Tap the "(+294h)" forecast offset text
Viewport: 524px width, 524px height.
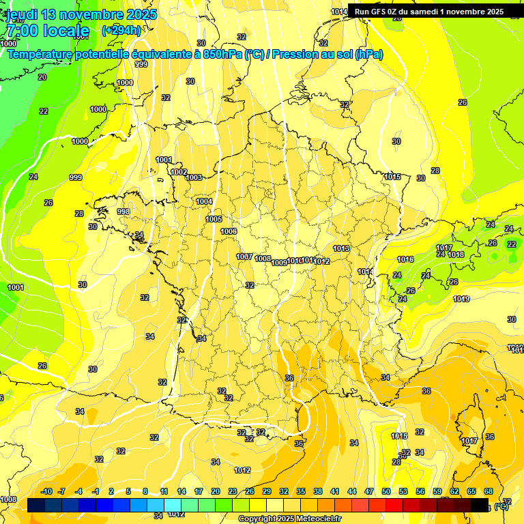121,30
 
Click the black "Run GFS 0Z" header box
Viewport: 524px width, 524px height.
428,11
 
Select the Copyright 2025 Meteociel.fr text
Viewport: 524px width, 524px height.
290,519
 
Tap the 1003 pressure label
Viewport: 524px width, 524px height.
194,177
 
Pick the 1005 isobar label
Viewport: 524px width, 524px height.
214,219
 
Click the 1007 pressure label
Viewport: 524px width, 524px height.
244,257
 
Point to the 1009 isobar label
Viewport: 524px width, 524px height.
279,263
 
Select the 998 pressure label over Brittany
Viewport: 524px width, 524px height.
123,212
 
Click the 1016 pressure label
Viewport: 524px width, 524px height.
405,259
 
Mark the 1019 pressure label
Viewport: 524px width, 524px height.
461,299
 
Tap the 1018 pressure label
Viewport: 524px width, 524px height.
456,254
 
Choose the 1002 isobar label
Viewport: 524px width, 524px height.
179,172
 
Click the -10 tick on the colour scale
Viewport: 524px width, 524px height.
46,491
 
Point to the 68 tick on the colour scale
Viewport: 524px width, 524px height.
489,491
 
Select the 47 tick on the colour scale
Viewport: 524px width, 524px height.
369,491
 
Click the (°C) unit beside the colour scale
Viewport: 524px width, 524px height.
502,506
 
